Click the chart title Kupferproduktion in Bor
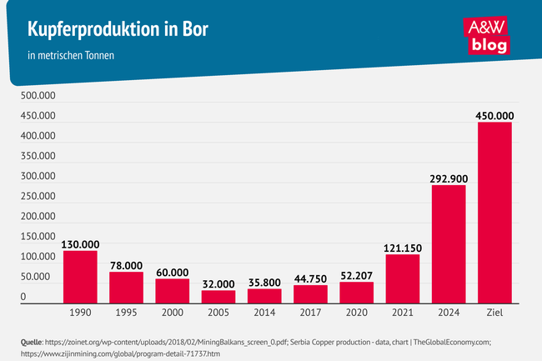[118, 30]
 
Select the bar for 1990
[80, 276]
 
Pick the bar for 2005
[218, 296]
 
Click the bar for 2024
[448, 243]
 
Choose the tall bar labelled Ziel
[494, 212]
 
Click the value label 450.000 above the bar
[494, 115]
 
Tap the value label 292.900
[448, 178]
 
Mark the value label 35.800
[264, 283]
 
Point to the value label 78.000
[126, 265]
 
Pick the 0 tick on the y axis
[24, 297]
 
